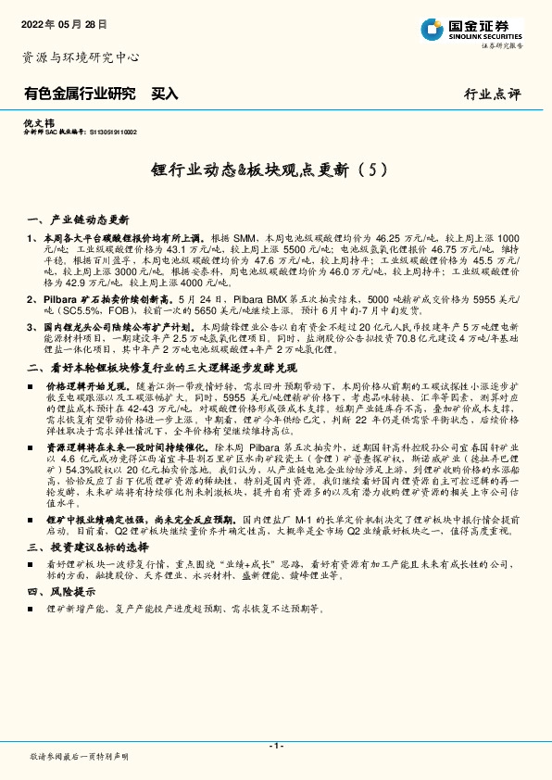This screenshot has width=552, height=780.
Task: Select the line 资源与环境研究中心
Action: pos(81,57)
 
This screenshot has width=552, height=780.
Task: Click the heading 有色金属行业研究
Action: pos(80,94)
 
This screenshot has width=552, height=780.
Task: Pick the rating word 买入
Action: pos(164,94)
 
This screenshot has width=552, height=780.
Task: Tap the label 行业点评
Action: pos(494,94)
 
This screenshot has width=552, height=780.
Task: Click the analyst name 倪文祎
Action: pos(35,122)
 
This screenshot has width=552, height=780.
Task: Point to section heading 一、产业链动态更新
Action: pos(80,220)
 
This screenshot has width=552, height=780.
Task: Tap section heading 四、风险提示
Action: pos(64,590)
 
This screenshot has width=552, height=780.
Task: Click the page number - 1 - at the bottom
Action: pos(275,746)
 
